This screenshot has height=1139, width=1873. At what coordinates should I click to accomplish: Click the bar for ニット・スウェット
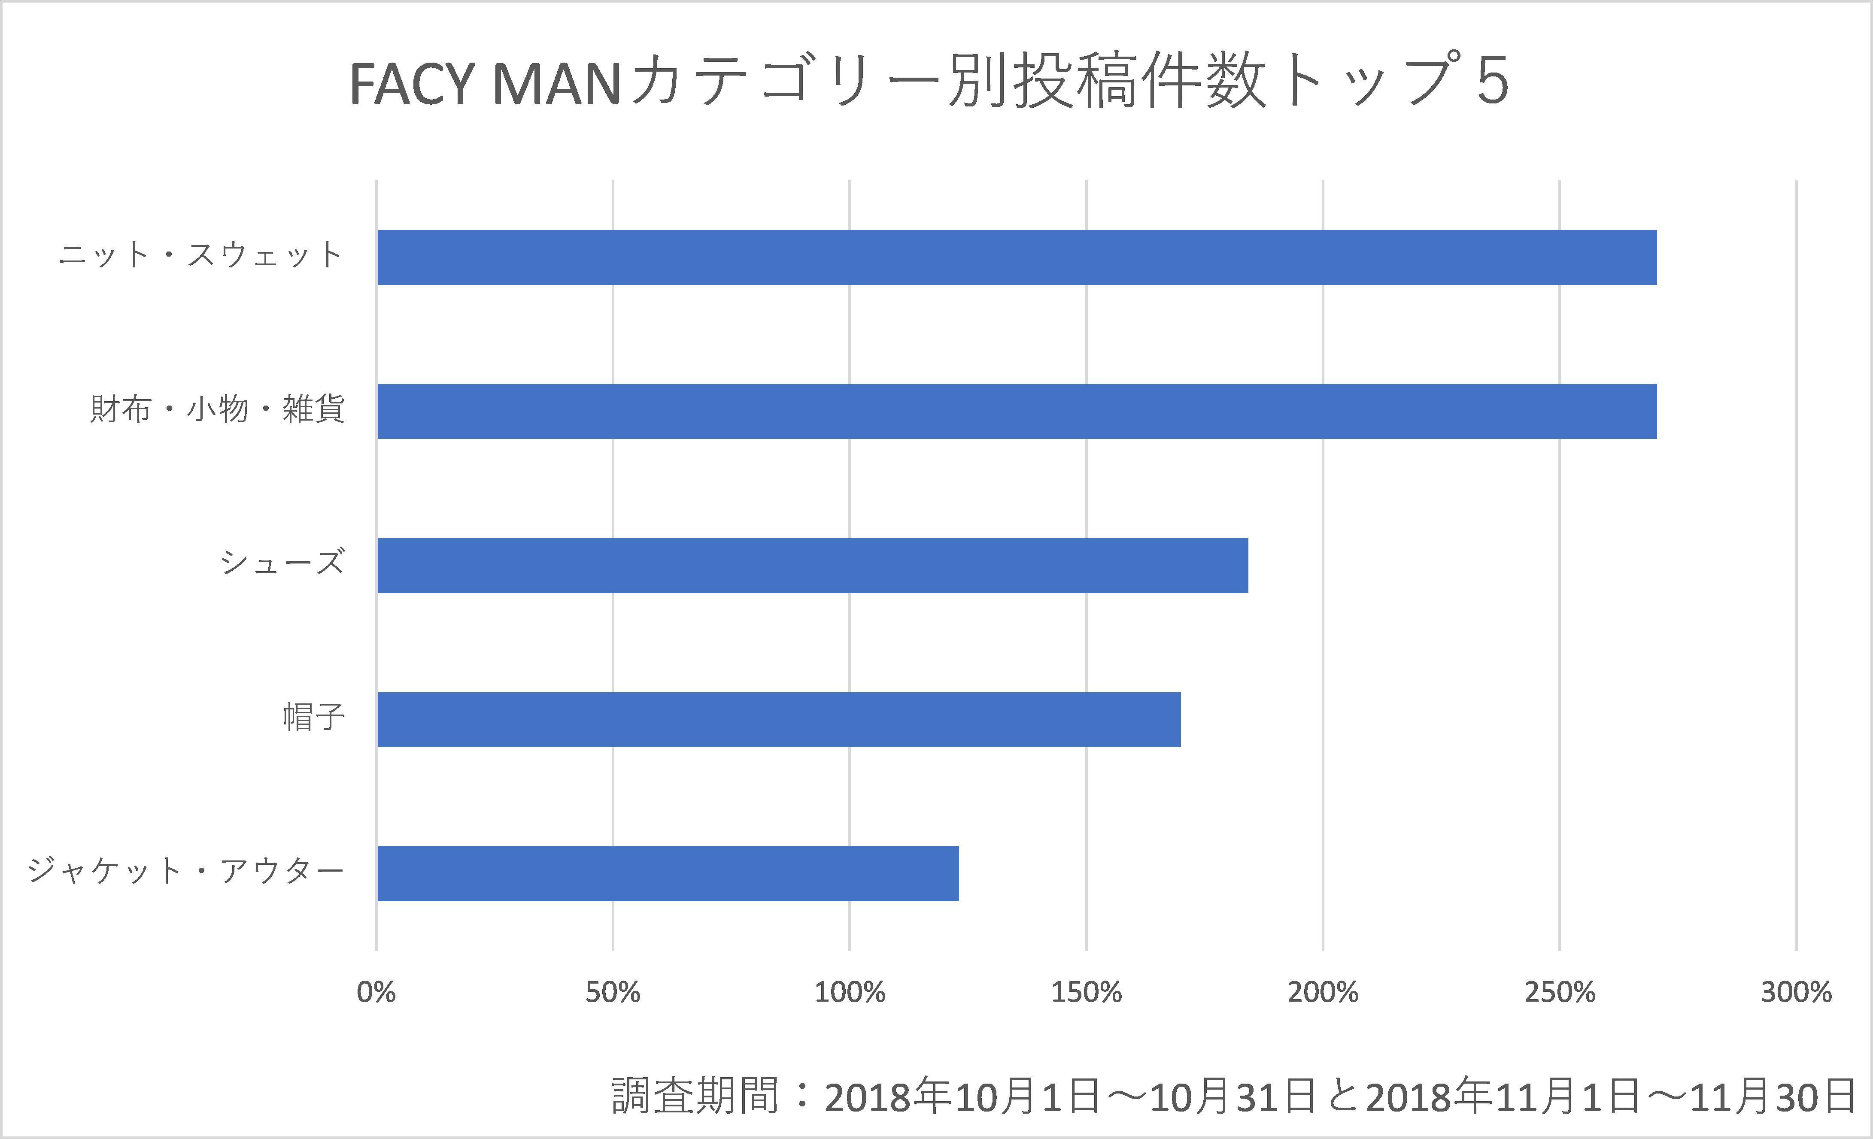click(x=1016, y=257)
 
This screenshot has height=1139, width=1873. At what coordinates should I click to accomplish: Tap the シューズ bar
click(x=812, y=565)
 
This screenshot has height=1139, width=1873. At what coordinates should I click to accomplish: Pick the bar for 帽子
click(x=778, y=720)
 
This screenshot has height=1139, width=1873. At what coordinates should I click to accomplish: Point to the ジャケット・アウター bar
click(x=668, y=874)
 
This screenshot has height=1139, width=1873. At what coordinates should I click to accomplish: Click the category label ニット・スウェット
click(x=200, y=255)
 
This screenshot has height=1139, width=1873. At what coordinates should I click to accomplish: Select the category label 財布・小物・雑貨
click(x=217, y=409)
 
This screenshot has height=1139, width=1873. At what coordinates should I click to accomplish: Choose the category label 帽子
click(x=314, y=717)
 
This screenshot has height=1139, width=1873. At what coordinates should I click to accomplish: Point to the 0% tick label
click(x=376, y=992)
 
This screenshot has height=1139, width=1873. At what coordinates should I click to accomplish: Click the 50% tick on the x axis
click(x=613, y=992)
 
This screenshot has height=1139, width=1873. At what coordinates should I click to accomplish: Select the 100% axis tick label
click(x=850, y=992)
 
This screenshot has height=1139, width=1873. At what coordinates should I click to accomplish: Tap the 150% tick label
click(x=1086, y=992)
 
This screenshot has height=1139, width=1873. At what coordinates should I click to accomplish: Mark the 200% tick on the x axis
click(x=1323, y=992)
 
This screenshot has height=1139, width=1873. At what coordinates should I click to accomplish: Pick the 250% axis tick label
click(x=1560, y=992)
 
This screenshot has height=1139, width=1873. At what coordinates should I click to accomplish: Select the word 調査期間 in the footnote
click(x=695, y=1097)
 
